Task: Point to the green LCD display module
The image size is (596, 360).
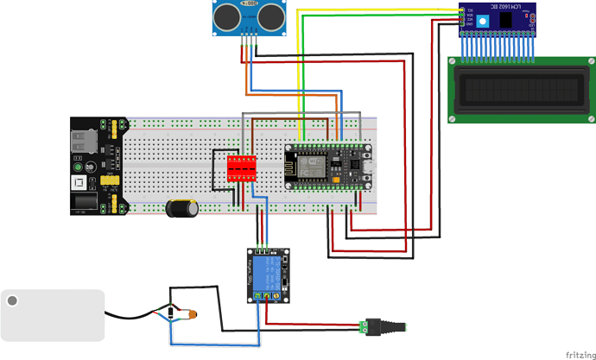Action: (x=522, y=89)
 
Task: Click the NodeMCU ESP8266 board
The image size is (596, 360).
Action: (x=328, y=165)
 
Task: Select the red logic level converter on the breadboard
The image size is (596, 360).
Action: (x=243, y=167)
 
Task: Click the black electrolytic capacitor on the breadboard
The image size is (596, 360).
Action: (x=181, y=208)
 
